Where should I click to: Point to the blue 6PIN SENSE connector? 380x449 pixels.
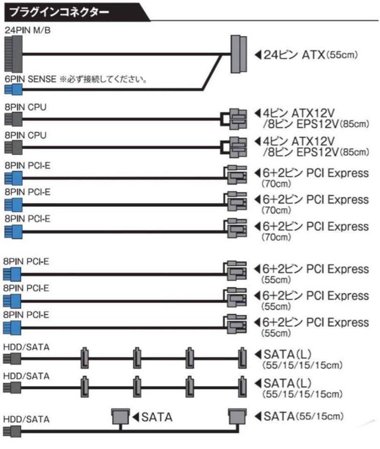(x=12, y=89)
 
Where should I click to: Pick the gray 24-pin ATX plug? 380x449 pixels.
(x=238, y=54)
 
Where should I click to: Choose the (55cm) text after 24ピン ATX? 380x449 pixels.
(x=342, y=55)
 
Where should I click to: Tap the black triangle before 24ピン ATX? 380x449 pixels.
(x=258, y=54)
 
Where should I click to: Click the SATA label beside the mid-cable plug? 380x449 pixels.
(x=157, y=417)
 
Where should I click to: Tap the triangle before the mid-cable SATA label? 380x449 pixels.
(x=136, y=417)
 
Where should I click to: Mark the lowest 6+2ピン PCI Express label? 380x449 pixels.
(x=316, y=323)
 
